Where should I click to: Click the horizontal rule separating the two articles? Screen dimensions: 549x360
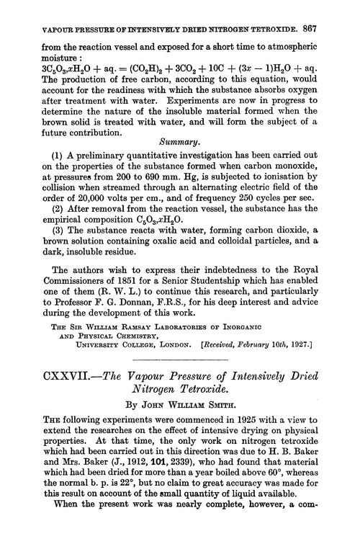coord(179,361)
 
